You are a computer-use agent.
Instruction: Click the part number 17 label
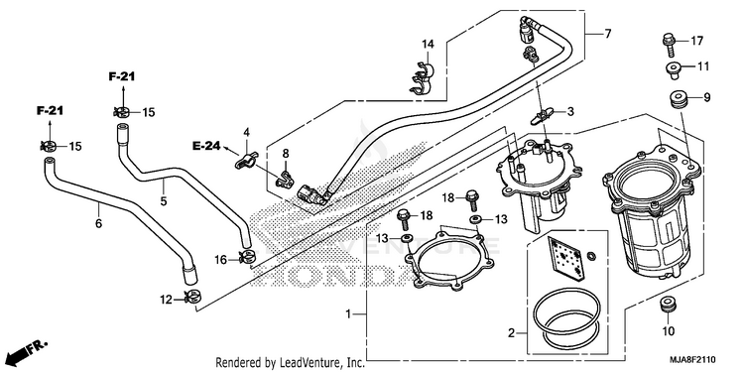[x=696, y=42]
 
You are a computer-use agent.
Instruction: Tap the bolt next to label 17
[x=669, y=43]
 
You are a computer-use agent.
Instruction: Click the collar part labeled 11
[x=673, y=68]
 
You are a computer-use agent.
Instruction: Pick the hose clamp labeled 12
[x=192, y=298]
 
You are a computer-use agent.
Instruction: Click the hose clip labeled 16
[x=247, y=258]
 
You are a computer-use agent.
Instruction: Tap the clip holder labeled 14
[x=422, y=76]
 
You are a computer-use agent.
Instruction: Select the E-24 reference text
[x=206, y=146]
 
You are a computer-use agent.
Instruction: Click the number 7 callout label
[x=607, y=34]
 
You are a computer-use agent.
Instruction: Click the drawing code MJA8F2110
[x=692, y=359]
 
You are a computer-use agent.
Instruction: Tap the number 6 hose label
[x=98, y=223]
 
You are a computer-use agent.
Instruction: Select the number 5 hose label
[x=164, y=201]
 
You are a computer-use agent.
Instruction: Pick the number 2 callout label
[x=511, y=333]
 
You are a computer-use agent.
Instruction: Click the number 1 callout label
[x=348, y=313]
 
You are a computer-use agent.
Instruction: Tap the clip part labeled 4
[x=246, y=160]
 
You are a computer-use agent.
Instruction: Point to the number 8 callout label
[x=285, y=153]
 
